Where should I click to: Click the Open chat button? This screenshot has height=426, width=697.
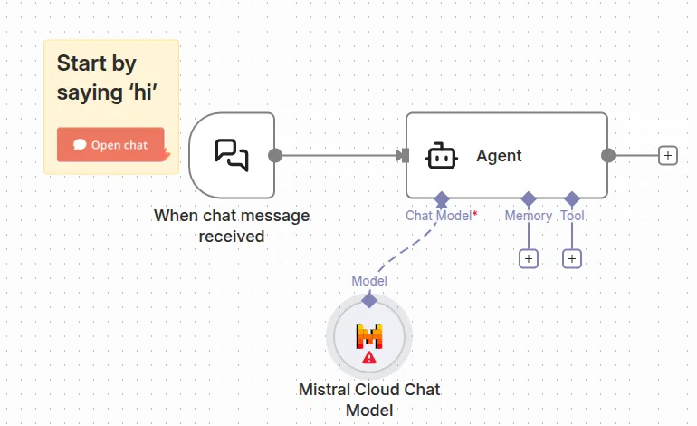(110, 145)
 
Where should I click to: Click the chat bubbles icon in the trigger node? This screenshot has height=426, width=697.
(232, 155)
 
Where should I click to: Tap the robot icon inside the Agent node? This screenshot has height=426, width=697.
(441, 156)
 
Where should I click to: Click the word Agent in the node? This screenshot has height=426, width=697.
(499, 156)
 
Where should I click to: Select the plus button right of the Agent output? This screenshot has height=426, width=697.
(667, 156)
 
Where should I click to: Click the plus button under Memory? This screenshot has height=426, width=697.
(529, 259)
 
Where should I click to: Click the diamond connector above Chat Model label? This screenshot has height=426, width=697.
(441, 198)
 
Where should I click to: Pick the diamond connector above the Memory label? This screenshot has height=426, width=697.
(529, 198)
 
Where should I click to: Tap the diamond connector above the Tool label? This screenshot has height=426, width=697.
(571, 198)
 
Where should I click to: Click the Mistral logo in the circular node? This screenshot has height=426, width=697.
(368, 336)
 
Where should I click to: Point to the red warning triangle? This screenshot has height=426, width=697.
(368, 357)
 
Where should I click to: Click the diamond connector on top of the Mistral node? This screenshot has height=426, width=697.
(368, 299)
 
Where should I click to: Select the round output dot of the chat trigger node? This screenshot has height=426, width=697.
(275, 156)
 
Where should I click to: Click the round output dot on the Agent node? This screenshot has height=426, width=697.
(608, 156)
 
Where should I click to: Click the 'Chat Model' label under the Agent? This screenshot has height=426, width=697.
(438, 216)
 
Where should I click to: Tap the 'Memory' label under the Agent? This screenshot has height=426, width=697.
(528, 216)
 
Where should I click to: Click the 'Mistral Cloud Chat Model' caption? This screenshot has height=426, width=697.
(368, 400)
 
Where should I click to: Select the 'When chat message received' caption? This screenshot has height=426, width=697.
(232, 226)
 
